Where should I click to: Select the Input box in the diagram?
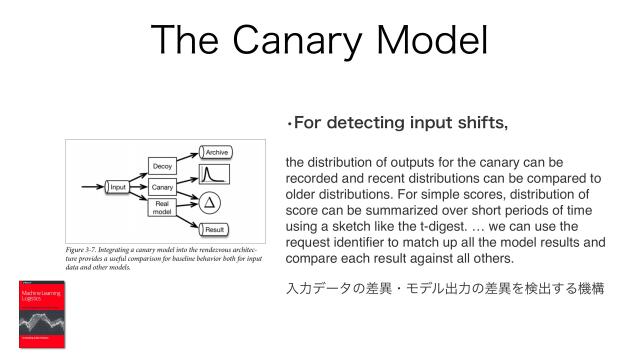tap(118, 187)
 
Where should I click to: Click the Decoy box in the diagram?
tap(162, 165)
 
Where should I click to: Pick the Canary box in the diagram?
tap(162, 187)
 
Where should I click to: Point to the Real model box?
tap(162, 208)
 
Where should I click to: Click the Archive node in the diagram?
tap(216, 151)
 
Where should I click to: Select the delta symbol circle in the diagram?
tap(209, 203)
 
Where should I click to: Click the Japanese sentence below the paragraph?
tap(444, 289)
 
